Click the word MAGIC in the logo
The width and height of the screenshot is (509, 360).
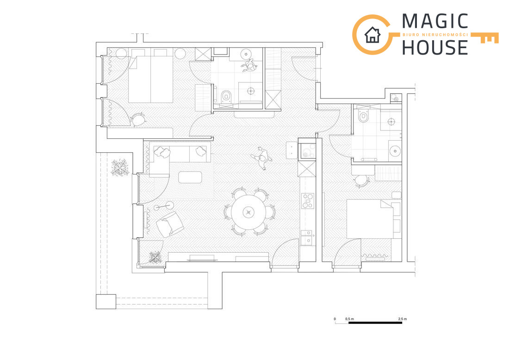coord(435,21)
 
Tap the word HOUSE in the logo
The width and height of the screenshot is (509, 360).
coord(435,47)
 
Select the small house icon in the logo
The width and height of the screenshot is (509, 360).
coord(372,35)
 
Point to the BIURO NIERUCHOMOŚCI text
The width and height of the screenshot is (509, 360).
coord(435,34)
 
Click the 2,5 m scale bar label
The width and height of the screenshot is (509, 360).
coord(403,319)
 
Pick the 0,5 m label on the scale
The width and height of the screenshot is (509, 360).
coord(350,319)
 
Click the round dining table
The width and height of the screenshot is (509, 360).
coord(248,212)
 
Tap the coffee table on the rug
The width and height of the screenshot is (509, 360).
coord(190,177)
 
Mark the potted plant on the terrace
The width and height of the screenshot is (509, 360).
coord(120,167)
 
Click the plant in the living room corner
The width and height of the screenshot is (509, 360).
coord(155,257)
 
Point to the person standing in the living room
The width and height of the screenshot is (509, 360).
coord(262,158)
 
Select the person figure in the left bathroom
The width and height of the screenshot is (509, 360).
coord(249,66)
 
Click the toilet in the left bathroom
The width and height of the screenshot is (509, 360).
coord(226,96)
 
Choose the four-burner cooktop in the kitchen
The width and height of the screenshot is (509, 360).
coord(307,201)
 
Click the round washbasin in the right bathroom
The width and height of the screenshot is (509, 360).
coord(395,151)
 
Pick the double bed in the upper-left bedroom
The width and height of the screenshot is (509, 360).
coord(151,80)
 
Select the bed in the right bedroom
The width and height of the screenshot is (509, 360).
coord(370,219)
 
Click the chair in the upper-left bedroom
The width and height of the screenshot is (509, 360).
coord(138,120)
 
